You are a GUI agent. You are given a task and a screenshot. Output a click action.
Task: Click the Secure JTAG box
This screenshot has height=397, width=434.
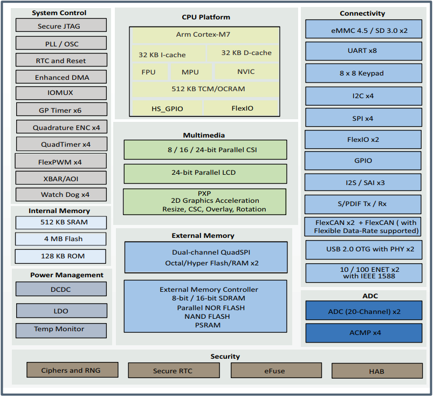click(60, 26)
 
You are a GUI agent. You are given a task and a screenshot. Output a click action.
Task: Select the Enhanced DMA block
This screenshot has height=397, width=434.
click(61, 77)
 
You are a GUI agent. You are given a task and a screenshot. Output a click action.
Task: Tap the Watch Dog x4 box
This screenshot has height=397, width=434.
click(61, 195)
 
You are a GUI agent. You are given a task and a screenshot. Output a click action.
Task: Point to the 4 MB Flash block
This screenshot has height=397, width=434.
click(60, 239)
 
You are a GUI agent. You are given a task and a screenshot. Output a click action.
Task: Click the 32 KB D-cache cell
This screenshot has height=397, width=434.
click(246, 53)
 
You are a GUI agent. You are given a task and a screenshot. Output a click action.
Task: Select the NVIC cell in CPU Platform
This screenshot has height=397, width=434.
click(245, 72)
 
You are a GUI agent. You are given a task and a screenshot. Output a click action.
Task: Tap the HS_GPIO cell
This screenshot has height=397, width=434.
click(167, 108)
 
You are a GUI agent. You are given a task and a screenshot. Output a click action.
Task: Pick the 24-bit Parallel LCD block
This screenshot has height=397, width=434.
click(205, 173)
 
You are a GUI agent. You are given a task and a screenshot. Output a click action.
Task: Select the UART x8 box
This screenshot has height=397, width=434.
click(363, 51)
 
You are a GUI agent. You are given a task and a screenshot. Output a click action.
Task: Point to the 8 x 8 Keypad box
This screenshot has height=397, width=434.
click(363, 73)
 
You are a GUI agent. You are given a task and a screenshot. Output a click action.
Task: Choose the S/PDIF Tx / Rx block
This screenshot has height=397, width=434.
click(363, 204)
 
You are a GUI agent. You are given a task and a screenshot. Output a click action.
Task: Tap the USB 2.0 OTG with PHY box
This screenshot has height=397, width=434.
click(363, 250)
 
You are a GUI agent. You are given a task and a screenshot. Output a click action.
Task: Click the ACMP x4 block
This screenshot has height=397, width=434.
click(363, 333)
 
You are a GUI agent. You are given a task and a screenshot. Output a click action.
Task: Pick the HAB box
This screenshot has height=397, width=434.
click(376, 371)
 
